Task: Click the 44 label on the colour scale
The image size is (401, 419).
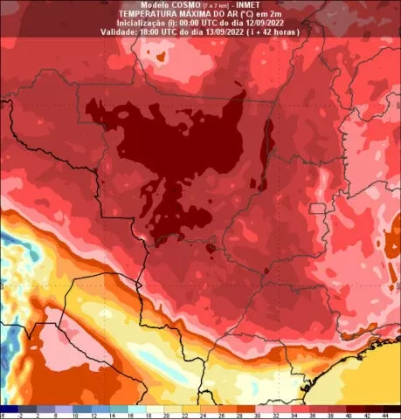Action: [x=384, y=416]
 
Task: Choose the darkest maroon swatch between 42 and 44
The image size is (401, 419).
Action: [x=376, y=408]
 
